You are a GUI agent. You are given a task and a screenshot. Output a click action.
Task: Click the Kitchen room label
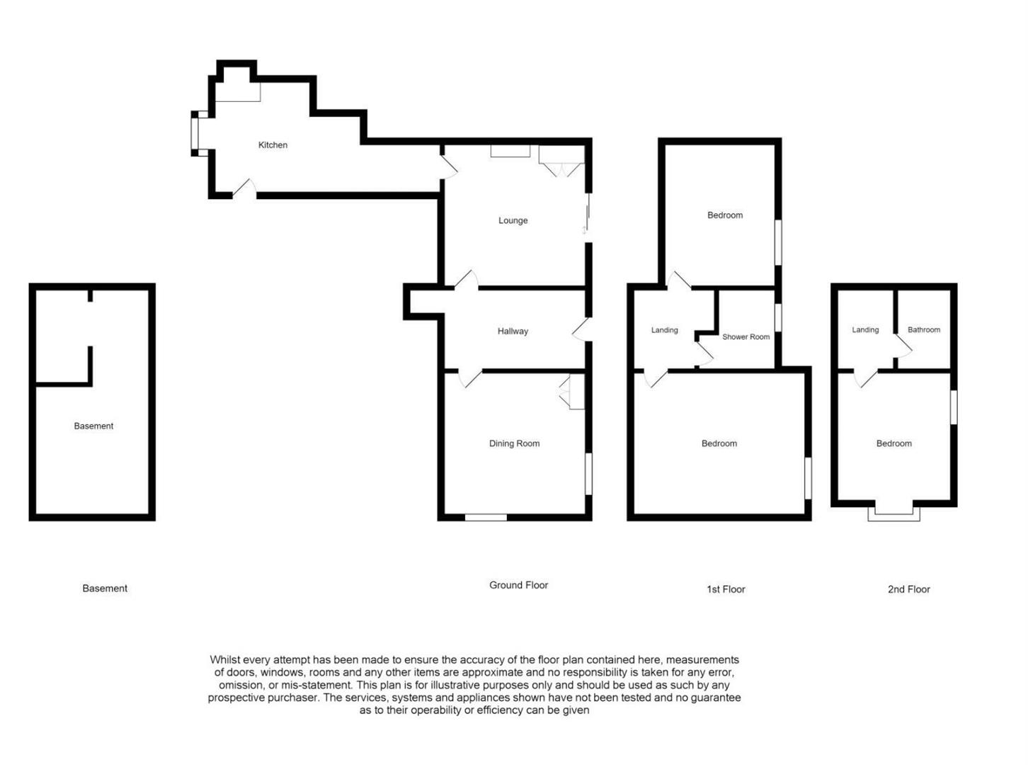point(273,145)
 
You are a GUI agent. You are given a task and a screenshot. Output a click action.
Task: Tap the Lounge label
point(513,220)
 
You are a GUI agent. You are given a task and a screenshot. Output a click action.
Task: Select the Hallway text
point(513,331)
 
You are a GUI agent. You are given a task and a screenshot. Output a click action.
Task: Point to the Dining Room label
point(514,443)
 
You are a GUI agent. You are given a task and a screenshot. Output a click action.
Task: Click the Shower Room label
point(746,337)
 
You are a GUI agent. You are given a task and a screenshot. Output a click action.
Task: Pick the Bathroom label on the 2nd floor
point(923,330)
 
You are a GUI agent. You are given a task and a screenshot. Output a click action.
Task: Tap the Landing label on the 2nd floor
point(865,330)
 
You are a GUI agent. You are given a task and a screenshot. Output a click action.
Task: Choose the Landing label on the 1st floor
point(664,330)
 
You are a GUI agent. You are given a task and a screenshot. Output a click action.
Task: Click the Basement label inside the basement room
point(93,426)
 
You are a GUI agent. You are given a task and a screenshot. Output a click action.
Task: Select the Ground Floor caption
point(518,585)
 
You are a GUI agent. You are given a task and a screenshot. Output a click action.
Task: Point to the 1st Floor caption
point(726,589)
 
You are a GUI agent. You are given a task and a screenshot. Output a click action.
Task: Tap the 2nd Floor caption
point(908,589)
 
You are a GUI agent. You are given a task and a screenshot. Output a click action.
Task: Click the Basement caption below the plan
point(105,589)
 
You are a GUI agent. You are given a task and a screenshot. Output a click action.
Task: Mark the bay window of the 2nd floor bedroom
point(893,513)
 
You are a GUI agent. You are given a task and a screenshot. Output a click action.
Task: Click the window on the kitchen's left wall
point(195,132)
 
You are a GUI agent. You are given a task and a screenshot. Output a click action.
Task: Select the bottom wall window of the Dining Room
point(486,518)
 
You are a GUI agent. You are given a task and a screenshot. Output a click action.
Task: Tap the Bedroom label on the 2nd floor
point(893,443)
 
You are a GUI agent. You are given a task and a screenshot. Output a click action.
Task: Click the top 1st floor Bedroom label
point(725,215)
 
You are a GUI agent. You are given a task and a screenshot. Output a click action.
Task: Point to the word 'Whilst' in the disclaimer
point(225,659)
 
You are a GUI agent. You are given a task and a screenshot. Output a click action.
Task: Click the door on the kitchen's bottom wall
point(244,189)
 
